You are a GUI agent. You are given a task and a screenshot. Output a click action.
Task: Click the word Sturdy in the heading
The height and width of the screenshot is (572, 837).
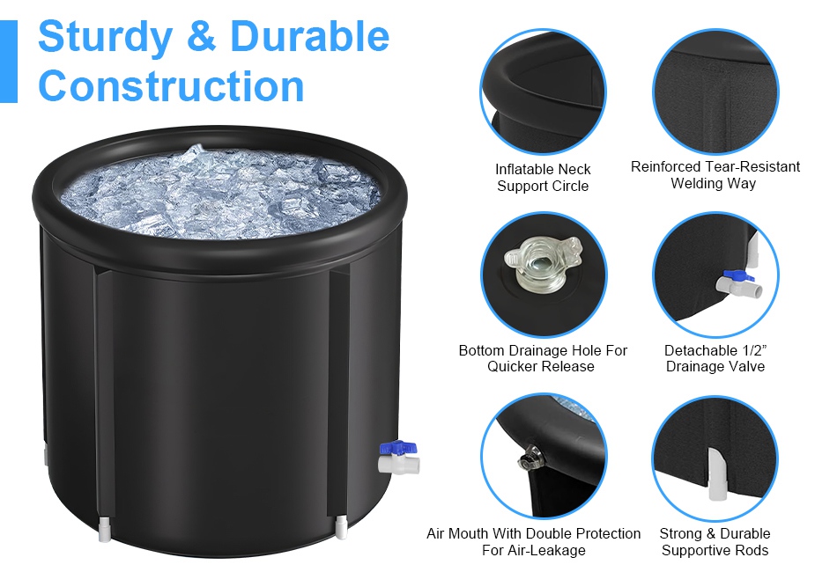(106, 37)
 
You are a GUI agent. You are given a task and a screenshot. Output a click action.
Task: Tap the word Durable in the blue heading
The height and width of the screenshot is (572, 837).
(309, 36)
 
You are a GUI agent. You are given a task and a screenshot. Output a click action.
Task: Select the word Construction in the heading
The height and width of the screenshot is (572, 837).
(171, 86)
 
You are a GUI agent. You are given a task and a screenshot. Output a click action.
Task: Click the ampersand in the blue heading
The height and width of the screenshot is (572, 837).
(202, 36)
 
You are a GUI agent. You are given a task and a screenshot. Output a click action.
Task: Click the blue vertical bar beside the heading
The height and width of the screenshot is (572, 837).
(9, 62)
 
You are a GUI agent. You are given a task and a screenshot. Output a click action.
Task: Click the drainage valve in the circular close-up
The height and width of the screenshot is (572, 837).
(739, 283)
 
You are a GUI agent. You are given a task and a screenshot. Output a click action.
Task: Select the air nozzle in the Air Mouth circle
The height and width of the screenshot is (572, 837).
(530, 458)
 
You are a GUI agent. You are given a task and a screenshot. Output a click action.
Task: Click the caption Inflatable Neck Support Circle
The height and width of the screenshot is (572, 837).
(543, 178)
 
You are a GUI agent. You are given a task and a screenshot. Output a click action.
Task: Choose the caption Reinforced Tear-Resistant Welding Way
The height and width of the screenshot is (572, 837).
(715, 175)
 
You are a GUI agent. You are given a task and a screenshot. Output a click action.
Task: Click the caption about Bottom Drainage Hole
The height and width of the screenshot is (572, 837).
(543, 358)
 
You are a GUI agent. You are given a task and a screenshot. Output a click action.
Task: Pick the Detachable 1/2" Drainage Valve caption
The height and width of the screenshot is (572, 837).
(715, 358)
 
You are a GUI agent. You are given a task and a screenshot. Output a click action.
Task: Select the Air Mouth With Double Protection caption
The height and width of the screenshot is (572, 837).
(533, 541)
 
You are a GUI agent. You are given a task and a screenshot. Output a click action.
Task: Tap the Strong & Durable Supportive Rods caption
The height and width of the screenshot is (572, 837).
(715, 541)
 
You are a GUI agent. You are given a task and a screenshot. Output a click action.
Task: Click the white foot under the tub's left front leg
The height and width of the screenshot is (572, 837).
(105, 529)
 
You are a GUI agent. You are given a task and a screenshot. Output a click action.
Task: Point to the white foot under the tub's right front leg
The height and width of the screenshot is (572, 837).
(341, 525)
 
